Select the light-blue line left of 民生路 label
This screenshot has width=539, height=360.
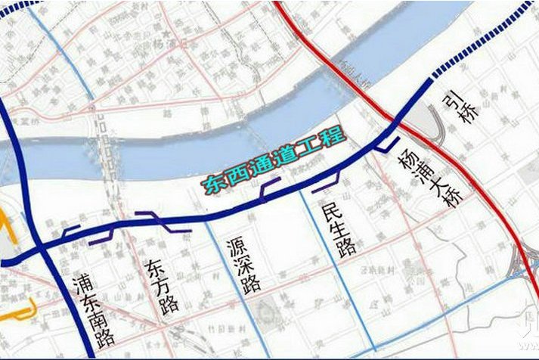point(310,227)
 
